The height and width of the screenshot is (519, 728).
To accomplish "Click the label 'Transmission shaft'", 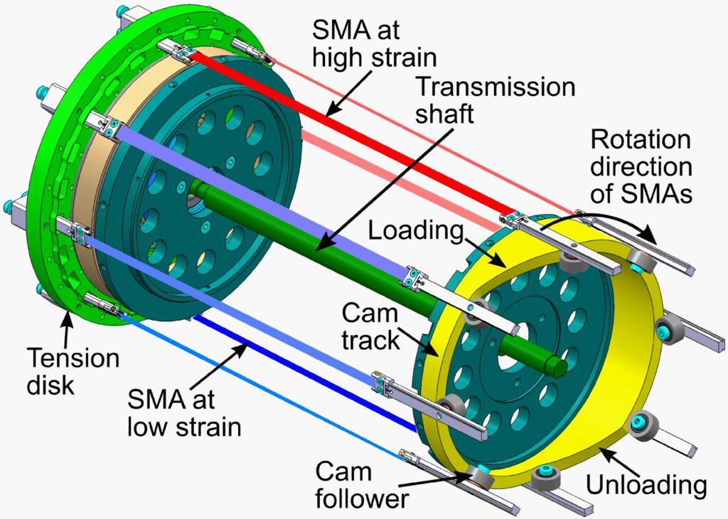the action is [496, 100].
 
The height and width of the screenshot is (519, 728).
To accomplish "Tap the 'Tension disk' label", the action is [73, 371].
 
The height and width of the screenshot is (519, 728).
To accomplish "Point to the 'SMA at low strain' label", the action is [184, 412].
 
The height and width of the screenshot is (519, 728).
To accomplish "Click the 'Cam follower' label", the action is [362, 486].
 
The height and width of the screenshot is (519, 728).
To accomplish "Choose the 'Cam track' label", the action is [370, 327].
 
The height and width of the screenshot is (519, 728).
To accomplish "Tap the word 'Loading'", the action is [416, 232].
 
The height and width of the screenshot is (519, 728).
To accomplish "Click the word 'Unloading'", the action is [646, 485].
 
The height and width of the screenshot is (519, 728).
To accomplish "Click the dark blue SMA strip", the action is [304, 371].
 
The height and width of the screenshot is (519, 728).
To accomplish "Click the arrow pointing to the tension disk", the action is [68, 328].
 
